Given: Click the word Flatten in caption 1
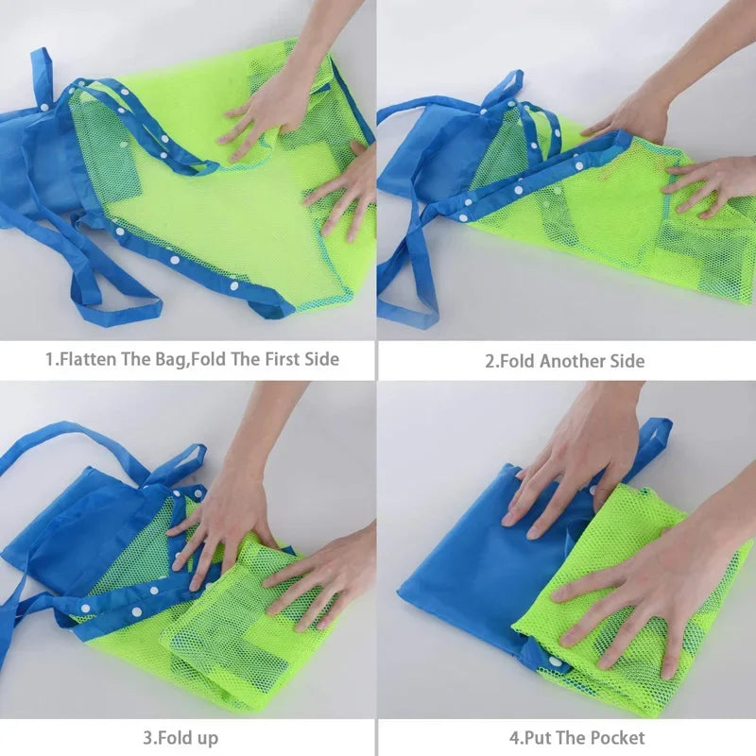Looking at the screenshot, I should pos(92,360).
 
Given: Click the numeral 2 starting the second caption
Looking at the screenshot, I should pos(490,361).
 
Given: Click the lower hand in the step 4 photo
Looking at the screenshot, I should pos(643,586).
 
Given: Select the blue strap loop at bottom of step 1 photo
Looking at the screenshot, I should pos(113,302).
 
